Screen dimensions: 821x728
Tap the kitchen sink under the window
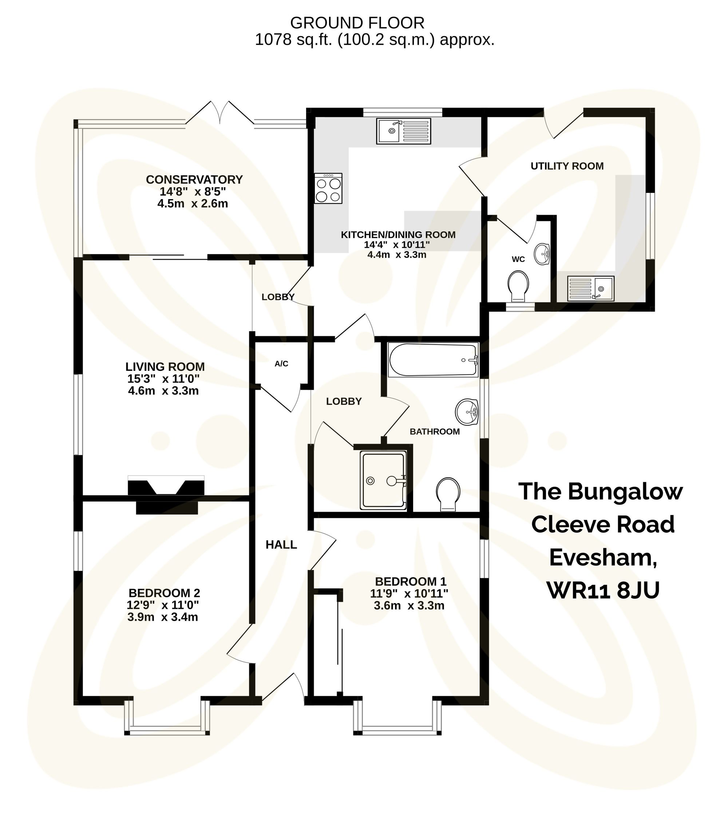[x=403, y=131]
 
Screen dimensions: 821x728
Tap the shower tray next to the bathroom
[x=383, y=480]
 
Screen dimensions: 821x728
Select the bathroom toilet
[x=448, y=493]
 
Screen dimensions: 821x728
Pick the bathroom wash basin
[x=467, y=412]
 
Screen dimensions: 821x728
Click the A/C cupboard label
[x=281, y=364]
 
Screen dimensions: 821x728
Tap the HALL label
[x=281, y=545]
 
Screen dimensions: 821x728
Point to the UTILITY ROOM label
[x=567, y=166]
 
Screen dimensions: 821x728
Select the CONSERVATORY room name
[x=194, y=179]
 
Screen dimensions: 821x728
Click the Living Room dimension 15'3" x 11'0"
[x=163, y=378]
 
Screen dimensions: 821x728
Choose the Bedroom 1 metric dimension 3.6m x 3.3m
[x=409, y=605]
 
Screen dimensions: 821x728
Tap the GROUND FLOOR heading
[x=357, y=23]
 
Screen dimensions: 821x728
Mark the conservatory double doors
[x=220, y=112]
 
